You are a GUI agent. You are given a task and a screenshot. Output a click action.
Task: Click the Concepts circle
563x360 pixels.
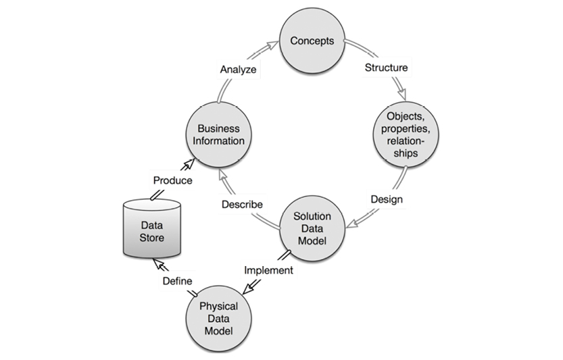[312, 42]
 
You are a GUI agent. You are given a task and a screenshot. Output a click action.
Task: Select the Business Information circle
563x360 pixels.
[218, 134]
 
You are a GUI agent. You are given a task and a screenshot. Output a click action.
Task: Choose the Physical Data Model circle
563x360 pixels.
[218, 319]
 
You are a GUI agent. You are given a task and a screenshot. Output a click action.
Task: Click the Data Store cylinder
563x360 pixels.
[152, 228]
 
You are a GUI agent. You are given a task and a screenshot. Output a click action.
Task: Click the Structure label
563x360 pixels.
[386, 68]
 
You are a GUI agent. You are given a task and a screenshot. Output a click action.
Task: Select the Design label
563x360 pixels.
[387, 199]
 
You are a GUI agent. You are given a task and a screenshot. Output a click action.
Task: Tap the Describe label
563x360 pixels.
[241, 203]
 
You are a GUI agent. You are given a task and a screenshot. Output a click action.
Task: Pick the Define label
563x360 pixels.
[177, 280]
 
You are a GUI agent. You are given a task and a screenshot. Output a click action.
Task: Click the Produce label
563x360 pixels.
[172, 180]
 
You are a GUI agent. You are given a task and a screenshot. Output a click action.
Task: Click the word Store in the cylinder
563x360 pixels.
[152, 237]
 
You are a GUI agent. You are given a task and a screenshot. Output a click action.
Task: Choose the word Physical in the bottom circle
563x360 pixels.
[218, 307]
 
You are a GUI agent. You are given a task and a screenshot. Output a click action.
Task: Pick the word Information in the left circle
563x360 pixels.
[218, 140]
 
